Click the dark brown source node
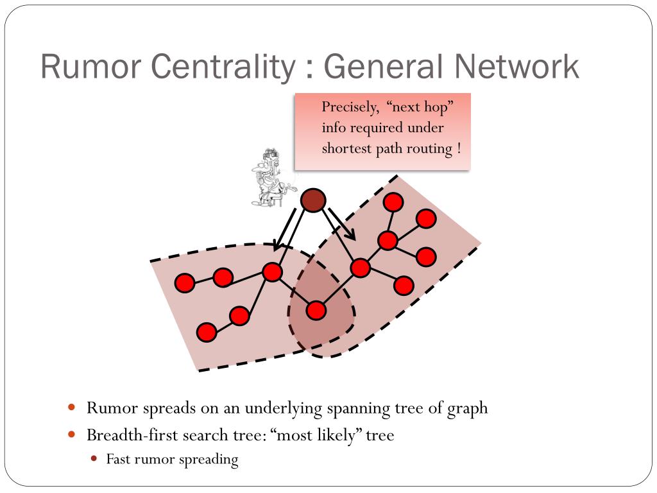pyautogui.click(x=313, y=201)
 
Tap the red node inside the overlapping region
pyautogui.click(x=316, y=311)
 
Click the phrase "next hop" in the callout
pyautogui.click(x=418, y=107)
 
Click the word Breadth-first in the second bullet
pyautogui.click(x=132, y=435)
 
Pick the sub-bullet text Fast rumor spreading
pyautogui.click(x=172, y=459)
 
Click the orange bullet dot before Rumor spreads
pyautogui.click(x=72, y=408)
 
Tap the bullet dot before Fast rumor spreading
pyautogui.click(x=94, y=459)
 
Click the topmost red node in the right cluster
pyautogui.click(x=393, y=202)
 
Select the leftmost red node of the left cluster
pyautogui.click(x=185, y=283)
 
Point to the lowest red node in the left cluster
pyautogui.click(x=207, y=332)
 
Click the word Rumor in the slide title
pyautogui.click(x=89, y=67)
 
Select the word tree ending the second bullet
pyautogui.click(x=380, y=435)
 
